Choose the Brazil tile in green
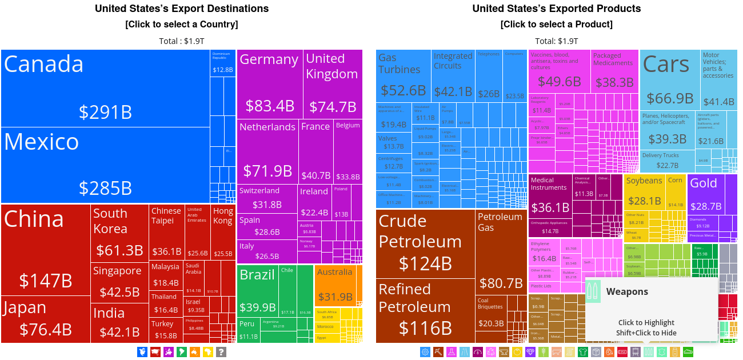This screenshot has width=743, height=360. click(x=258, y=291)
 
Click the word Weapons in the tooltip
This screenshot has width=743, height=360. click(x=627, y=291)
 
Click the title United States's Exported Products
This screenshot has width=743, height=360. click(x=556, y=9)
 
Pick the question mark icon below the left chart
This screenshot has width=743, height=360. click(x=221, y=352)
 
